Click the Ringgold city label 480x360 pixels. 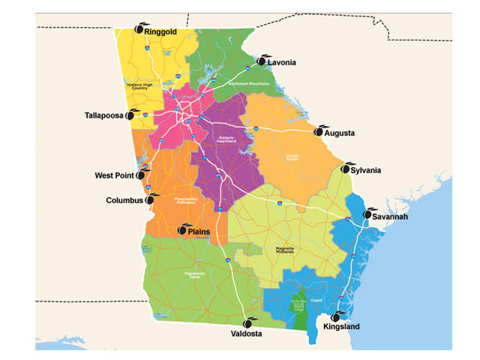pyautogui.click(x=166, y=32)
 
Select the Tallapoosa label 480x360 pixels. pyautogui.click(x=104, y=115)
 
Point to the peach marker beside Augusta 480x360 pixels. pyautogui.click(x=319, y=131)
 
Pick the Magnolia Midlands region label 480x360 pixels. pyautogui.click(x=289, y=250)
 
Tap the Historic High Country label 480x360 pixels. pyautogui.click(x=144, y=85)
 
